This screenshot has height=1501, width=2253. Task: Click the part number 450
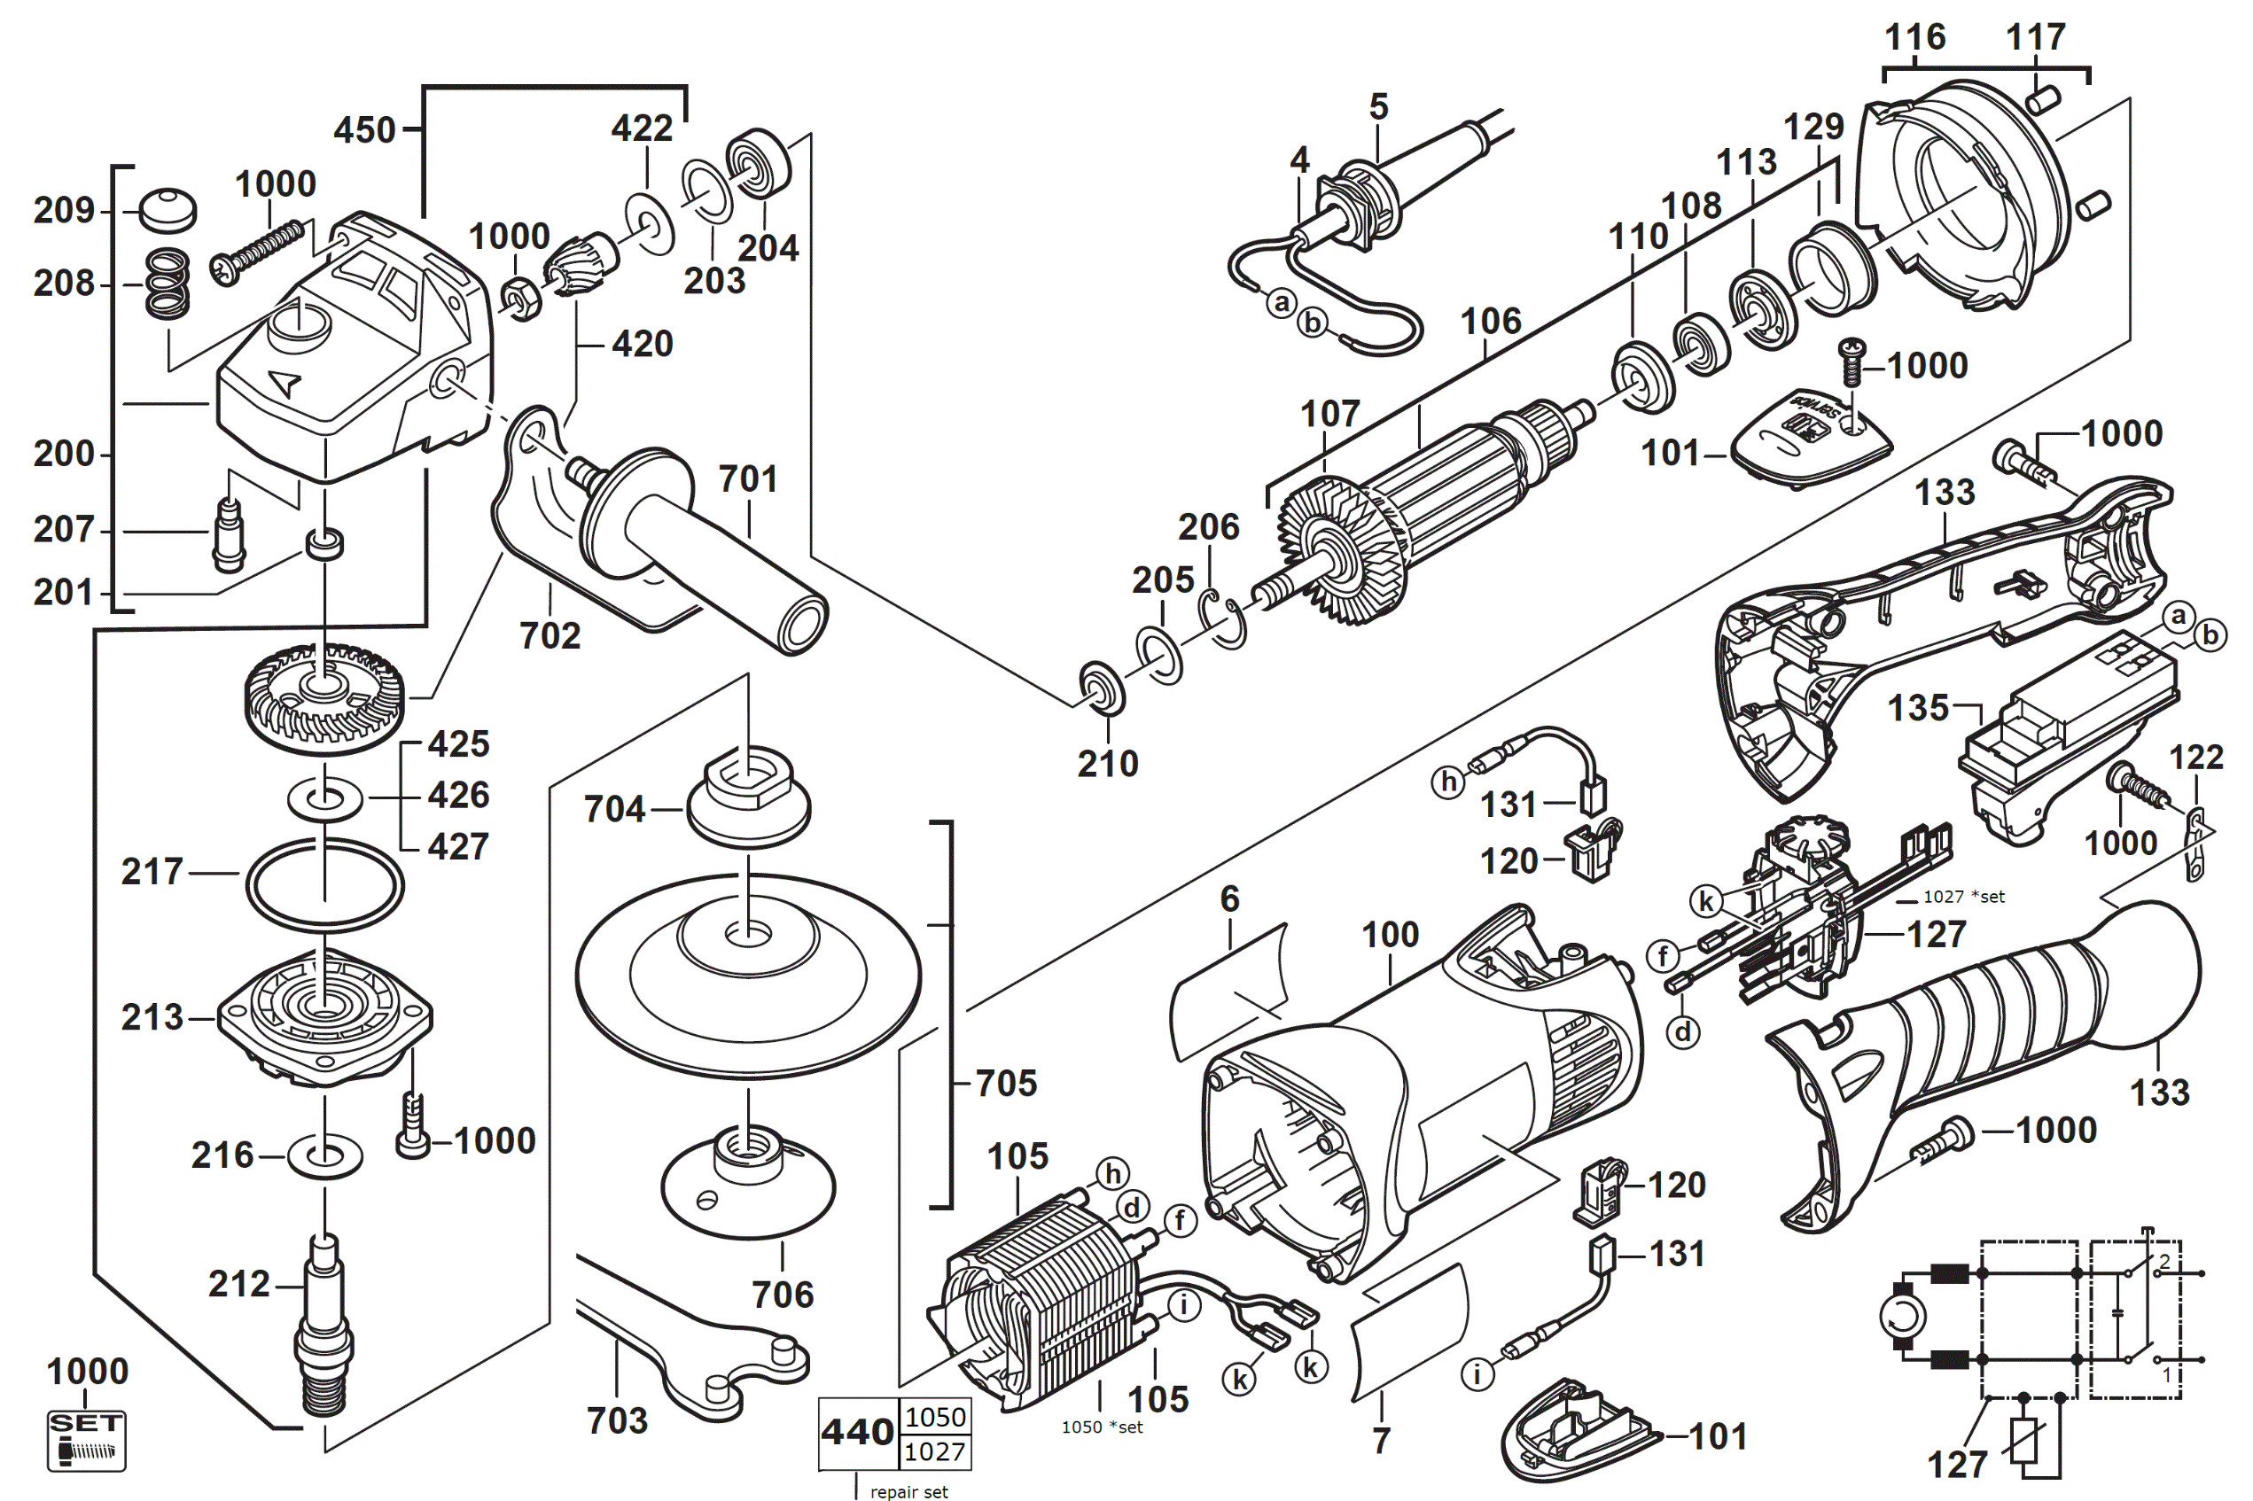[364, 130]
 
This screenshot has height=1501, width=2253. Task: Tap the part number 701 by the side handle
[748, 478]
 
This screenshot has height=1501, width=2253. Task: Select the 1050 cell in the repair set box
[935, 1417]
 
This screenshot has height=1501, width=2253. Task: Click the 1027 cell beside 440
[935, 1451]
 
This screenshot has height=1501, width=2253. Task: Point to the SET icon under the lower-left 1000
[86, 1440]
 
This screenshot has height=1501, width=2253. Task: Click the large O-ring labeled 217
[324, 884]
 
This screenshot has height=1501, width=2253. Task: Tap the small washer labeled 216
[324, 1156]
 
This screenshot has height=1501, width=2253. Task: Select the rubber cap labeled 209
[168, 210]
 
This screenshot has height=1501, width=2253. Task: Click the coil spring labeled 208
[168, 284]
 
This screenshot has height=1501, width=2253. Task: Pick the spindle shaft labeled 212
[325, 1326]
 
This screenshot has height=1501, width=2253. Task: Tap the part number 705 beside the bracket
[1006, 1084]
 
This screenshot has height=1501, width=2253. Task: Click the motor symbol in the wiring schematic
[1903, 1318]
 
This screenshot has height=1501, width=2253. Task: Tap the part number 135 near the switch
[1918, 708]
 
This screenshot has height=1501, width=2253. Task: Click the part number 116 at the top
[1915, 37]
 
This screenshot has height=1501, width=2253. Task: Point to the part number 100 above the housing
[1391, 934]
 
